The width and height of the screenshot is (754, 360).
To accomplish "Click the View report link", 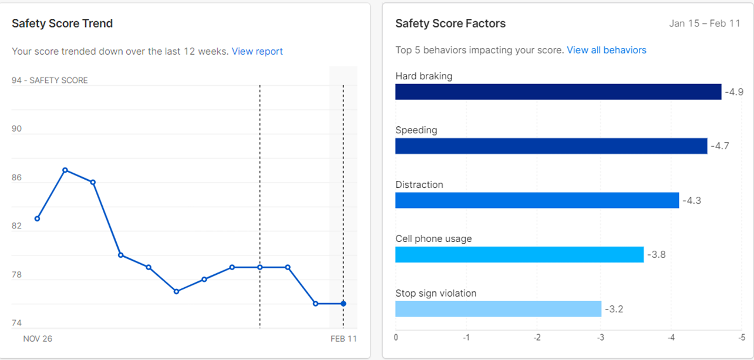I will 257,52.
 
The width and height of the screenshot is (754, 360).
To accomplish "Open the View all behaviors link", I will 607,51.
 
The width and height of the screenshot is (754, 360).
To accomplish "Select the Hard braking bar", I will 558,92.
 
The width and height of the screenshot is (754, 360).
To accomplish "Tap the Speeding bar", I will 551,146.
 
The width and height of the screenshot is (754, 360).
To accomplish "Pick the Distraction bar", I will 537,200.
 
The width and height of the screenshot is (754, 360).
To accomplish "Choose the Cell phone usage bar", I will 519,254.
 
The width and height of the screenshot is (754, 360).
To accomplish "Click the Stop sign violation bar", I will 498,309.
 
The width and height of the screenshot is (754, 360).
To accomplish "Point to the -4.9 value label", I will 734,92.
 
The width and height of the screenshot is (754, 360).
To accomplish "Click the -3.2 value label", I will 614,309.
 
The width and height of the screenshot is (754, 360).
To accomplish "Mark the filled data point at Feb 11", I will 344,304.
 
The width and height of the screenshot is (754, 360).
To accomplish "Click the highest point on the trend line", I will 65,170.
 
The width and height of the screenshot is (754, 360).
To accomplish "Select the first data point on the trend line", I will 37,218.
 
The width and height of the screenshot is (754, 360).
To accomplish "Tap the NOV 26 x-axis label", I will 38,339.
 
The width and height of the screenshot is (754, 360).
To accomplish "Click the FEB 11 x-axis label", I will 342,339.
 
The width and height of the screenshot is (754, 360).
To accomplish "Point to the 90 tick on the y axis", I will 16,129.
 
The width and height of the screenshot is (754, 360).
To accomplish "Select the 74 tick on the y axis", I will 16,324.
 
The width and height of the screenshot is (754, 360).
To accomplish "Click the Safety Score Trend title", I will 62,24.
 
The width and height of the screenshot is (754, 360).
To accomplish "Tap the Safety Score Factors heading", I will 450,24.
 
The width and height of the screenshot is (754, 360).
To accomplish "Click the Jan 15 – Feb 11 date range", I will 704,24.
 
